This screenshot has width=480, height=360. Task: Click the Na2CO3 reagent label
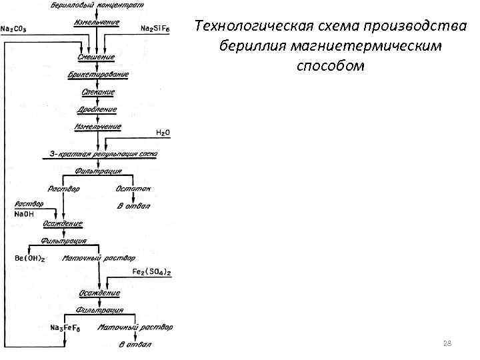[x=18, y=28]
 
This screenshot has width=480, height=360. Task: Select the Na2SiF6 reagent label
[x=155, y=28]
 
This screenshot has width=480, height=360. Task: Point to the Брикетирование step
[x=98, y=75]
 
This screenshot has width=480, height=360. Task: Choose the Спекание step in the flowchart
[x=98, y=92]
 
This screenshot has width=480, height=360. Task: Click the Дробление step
[x=98, y=109]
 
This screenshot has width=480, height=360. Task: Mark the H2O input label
[x=162, y=133]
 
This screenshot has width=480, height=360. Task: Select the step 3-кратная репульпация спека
[x=103, y=153]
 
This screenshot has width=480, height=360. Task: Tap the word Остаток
[x=134, y=189]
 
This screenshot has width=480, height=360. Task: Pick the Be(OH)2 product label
[x=30, y=258]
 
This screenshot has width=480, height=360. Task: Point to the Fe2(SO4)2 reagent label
[x=151, y=272]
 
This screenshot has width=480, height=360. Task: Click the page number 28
[x=447, y=343]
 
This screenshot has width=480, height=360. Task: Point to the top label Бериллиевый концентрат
[x=97, y=6]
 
